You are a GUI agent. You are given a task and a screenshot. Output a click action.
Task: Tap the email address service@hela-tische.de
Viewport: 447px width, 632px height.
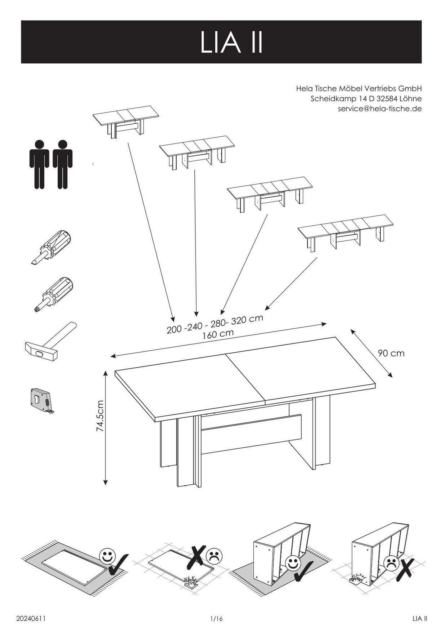380,109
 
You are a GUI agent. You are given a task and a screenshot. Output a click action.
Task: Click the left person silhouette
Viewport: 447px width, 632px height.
39,164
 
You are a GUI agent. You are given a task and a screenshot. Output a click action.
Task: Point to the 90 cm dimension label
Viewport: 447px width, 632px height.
391,353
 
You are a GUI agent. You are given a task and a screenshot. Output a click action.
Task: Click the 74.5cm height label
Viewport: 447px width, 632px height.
100,416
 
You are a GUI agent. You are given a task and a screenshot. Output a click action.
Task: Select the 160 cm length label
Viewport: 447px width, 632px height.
218,334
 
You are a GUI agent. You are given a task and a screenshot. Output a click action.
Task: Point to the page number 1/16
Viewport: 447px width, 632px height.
216,619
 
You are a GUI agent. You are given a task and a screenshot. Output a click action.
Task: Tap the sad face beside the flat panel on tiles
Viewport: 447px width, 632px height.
214,555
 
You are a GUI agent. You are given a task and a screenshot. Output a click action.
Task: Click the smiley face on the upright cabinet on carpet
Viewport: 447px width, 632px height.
292,562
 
